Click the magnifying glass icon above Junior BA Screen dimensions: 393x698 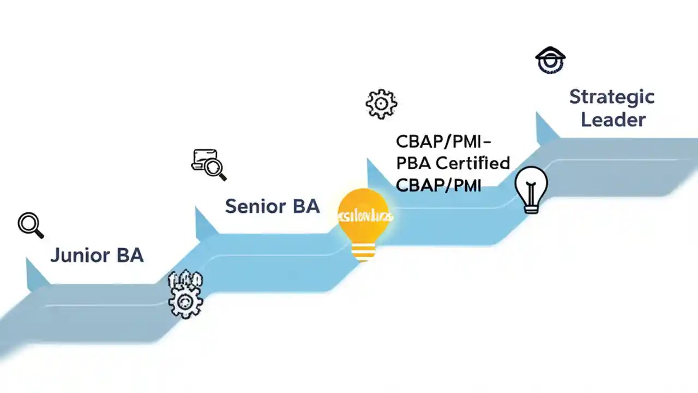(x=30, y=224)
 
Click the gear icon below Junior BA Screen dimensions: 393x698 (x=186, y=300)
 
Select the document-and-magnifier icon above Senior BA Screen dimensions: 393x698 (x=208, y=164)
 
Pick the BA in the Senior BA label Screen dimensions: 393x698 (x=306, y=206)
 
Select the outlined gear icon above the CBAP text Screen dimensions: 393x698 (x=381, y=104)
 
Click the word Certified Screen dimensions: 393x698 (x=474, y=163)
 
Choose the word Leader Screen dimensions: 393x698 (x=613, y=120)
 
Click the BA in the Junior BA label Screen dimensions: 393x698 (x=130, y=255)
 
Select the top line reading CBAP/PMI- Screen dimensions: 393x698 (x=443, y=141)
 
